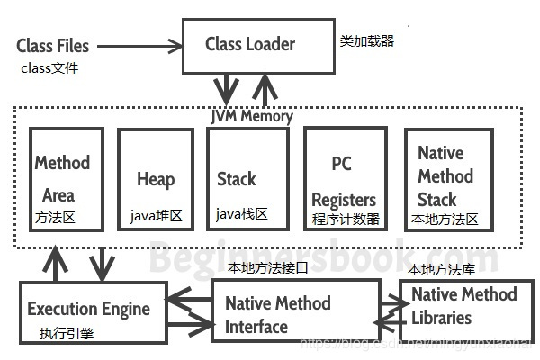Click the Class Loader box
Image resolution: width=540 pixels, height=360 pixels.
pos(250,45)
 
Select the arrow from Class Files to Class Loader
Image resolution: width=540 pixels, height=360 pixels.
pos(139,45)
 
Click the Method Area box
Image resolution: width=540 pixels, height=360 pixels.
pos(67,179)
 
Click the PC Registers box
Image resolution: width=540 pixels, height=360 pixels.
pos(346,179)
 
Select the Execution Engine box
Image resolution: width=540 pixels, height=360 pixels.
pos(88,309)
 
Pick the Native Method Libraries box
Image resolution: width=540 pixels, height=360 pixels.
pos(464,306)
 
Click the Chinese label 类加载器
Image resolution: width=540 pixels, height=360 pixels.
pos(367,41)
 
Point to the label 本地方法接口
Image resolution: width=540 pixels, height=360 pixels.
pos(268,267)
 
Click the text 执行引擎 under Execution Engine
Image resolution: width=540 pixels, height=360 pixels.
pos(65,334)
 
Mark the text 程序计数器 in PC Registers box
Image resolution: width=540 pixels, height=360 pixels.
pos(346,219)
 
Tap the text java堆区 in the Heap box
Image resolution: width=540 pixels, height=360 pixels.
pos(156,216)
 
